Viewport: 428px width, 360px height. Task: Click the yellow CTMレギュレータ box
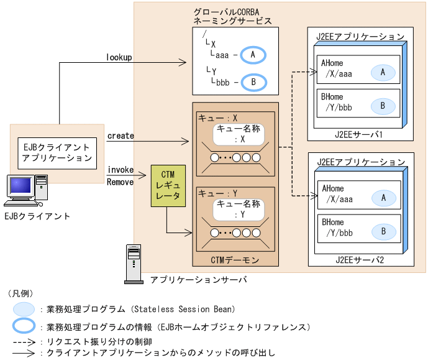click(166, 185)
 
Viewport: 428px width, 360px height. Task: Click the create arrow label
click(120, 136)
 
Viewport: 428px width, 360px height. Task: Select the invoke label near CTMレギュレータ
click(120, 170)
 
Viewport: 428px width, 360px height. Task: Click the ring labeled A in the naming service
click(253, 55)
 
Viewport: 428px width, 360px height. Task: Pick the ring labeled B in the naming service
click(253, 82)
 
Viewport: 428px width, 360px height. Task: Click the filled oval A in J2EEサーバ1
click(383, 73)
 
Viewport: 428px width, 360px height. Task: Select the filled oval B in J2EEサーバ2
click(383, 232)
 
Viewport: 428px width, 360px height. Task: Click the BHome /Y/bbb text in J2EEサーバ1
click(337, 103)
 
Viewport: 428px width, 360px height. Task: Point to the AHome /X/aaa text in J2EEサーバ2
click(337, 195)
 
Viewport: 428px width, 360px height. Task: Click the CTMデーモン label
click(234, 260)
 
